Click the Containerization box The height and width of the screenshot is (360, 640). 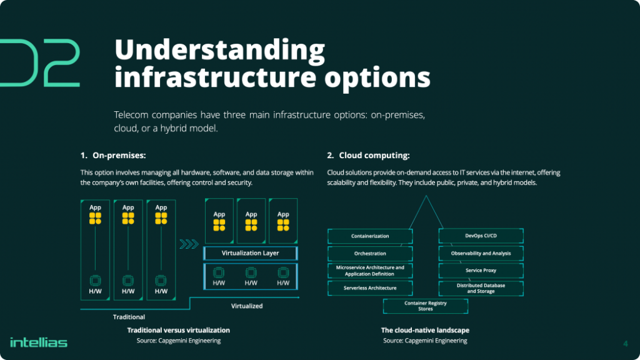click(x=370, y=236)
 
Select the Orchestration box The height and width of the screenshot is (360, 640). click(x=370, y=254)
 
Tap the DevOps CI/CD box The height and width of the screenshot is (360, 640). click(x=481, y=236)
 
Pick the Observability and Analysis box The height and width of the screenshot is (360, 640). click(x=481, y=253)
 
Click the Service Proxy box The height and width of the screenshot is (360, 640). click(x=481, y=271)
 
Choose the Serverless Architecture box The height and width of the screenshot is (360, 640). click(x=370, y=288)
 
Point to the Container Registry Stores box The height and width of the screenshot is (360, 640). click(x=425, y=306)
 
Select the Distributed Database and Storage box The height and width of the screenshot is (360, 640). click(x=481, y=288)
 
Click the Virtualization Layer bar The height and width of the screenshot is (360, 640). click(x=251, y=253)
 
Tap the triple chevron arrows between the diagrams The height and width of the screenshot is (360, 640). click(x=189, y=244)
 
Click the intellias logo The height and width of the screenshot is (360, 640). click(x=39, y=342)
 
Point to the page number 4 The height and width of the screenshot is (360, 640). click(x=626, y=342)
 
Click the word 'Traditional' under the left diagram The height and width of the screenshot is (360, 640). click(x=129, y=317)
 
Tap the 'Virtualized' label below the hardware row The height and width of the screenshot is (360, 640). click(x=247, y=306)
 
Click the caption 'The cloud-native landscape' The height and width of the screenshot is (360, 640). click(x=425, y=330)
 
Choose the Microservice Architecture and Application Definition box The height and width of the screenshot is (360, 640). click(x=370, y=271)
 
